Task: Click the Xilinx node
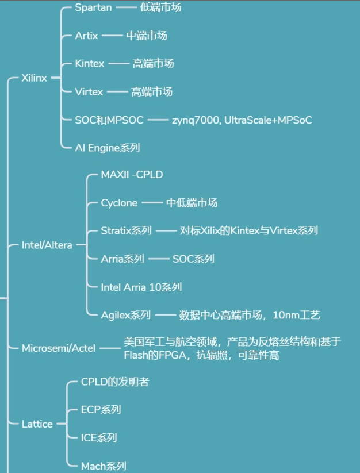point(34,78)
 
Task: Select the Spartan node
point(93,7)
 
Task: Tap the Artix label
point(87,36)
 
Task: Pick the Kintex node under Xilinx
point(90,64)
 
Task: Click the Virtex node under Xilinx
point(89,92)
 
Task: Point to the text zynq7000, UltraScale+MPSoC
point(242,120)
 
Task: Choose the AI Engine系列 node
point(108,148)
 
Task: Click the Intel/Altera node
point(47,245)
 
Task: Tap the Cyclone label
point(119,203)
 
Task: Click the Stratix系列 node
point(127,231)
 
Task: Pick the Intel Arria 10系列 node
point(141,287)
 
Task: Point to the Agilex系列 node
point(126,315)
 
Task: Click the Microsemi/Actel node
point(59,348)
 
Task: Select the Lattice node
point(37,424)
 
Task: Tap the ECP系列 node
point(101,410)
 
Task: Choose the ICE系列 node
point(99,438)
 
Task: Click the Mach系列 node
point(104,466)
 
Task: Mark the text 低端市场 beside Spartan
point(161,7)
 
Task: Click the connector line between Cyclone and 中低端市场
point(152,203)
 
